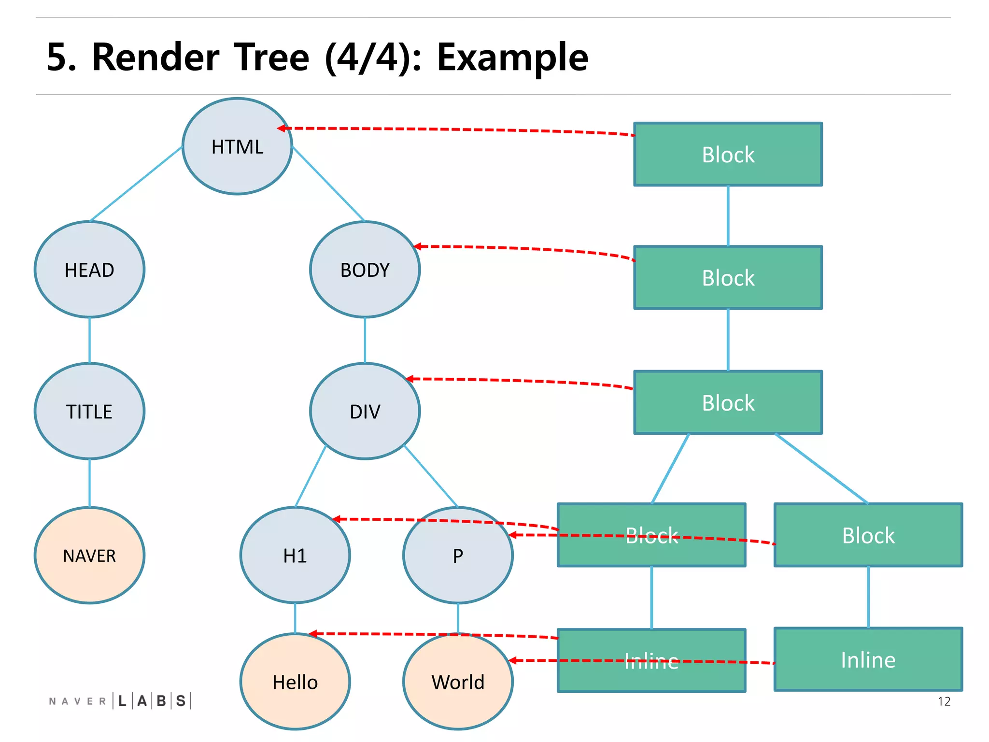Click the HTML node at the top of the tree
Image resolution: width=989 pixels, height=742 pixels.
[237, 146]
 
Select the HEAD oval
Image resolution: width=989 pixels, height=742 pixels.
[89, 270]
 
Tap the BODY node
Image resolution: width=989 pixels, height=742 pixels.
[365, 270]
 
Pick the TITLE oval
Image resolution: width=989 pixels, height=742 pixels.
[89, 411]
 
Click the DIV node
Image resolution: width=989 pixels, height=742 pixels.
[365, 411]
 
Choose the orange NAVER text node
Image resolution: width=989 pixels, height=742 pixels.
[89, 555]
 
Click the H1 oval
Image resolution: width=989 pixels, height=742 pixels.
[295, 555]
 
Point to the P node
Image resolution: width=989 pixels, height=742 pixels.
[457, 555]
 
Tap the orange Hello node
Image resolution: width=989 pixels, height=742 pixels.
[295, 682]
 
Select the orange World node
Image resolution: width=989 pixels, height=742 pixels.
[457, 682]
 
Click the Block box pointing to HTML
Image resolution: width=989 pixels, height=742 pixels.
[728, 155]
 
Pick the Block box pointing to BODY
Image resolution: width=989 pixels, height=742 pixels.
[728, 278]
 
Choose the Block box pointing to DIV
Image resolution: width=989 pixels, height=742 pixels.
[728, 402]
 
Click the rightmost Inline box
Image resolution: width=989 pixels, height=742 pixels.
[868, 659]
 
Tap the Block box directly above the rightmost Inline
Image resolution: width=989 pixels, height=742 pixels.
[868, 535]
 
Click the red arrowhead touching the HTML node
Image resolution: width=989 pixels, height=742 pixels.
[282, 128]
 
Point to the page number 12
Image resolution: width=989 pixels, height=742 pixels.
[944, 701]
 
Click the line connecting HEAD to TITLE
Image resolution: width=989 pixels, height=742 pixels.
[89, 340]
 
